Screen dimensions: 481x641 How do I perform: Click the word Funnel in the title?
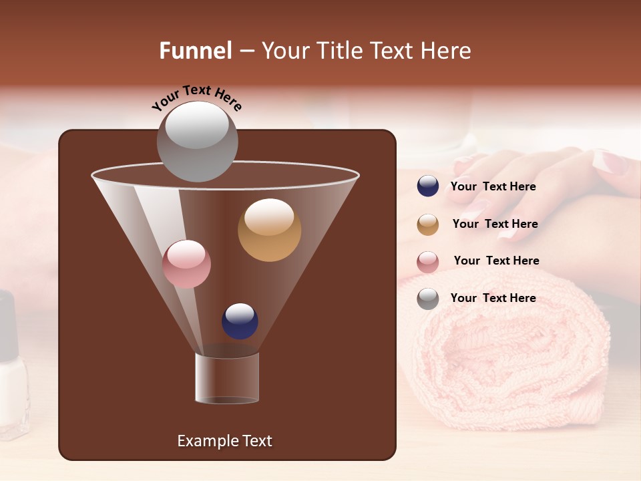(195, 51)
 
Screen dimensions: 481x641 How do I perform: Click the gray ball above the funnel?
(197, 142)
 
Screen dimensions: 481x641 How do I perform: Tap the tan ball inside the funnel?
(269, 230)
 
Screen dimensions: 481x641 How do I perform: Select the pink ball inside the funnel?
(186, 264)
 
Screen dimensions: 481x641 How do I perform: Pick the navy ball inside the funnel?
(240, 321)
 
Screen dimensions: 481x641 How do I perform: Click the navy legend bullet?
(427, 186)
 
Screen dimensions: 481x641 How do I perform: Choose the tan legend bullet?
(427, 224)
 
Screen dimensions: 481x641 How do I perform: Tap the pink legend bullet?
(427, 261)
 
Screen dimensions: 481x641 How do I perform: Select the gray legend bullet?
(427, 298)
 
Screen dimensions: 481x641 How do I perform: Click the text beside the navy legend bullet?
(493, 186)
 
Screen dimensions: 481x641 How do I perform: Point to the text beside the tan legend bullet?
(495, 224)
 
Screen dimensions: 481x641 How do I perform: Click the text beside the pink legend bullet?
(496, 261)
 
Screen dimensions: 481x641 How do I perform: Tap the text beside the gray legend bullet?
(493, 298)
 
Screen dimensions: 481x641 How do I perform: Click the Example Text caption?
(224, 441)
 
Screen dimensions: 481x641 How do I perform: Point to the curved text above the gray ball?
(196, 96)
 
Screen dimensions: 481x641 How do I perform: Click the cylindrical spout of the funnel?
(227, 378)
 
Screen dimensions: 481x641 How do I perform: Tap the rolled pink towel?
(514, 361)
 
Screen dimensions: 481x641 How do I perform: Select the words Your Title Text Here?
(366, 51)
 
